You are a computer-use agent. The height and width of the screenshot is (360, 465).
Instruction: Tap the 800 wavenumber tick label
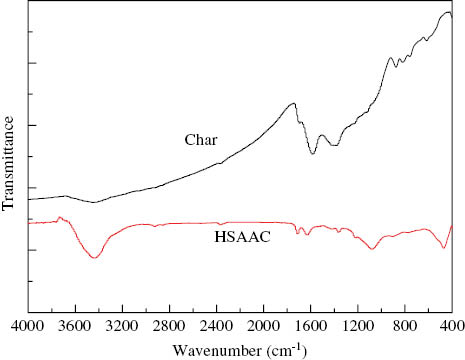[404, 326]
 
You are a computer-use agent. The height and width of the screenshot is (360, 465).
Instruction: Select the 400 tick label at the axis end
[451, 326]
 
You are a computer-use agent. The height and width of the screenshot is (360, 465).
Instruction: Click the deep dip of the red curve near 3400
[95, 258]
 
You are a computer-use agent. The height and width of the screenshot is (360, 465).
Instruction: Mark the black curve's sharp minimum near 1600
[313, 153]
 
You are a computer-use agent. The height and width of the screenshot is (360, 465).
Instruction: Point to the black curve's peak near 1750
[293, 103]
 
